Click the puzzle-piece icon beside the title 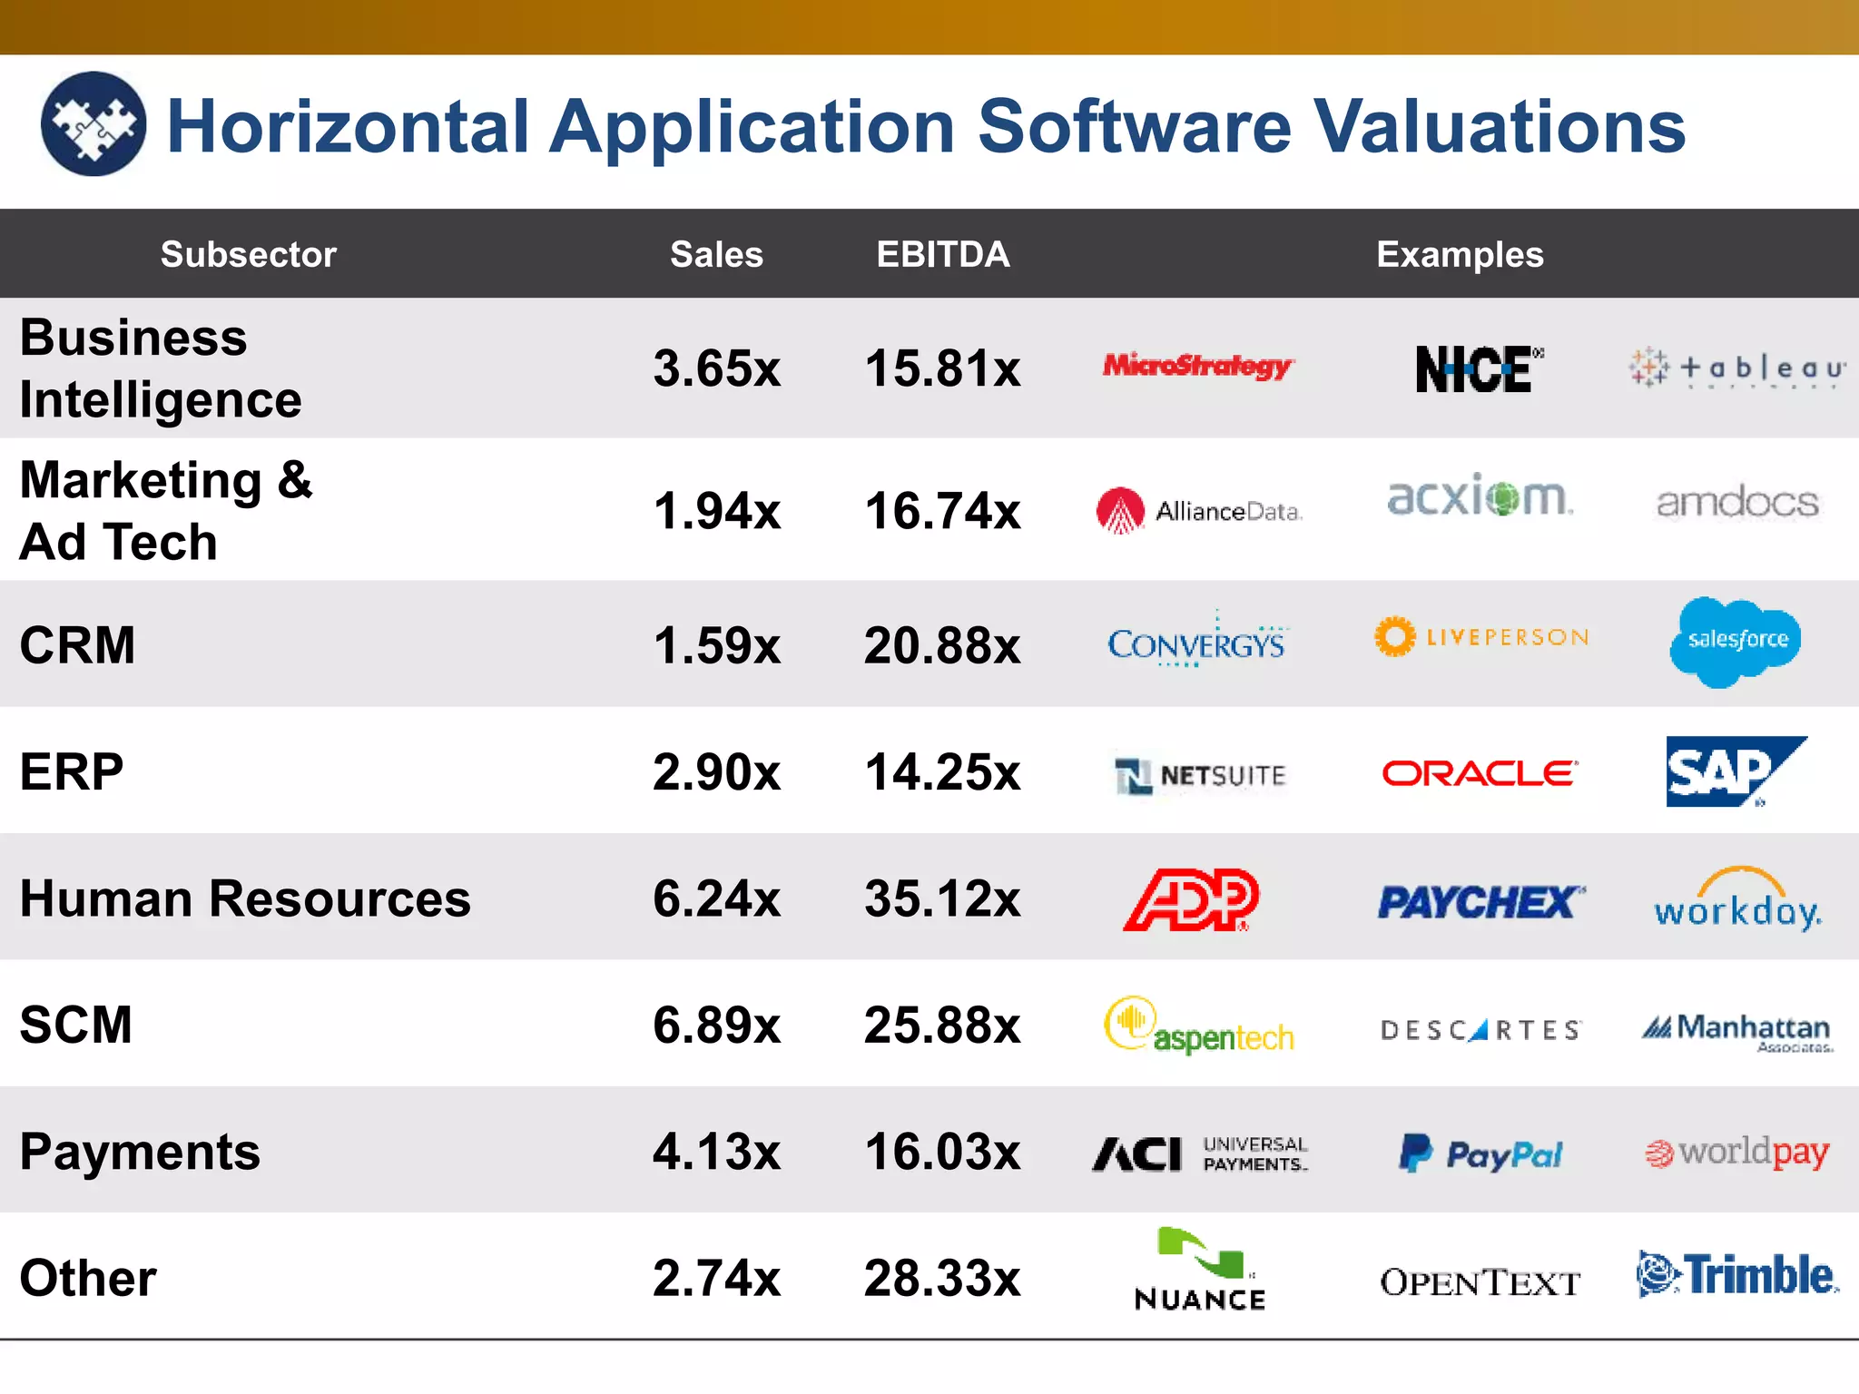coord(93,124)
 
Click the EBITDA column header coord(942,255)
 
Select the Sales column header coord(716,255)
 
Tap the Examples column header coord(1460,255)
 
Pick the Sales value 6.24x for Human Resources coord(716,898)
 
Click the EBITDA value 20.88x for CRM coord(942,646)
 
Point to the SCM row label coord(76,1025)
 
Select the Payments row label coord(140,1152)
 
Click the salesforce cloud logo coord(1736,641)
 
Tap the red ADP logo coord(1192,899)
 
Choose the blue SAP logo coord(1732,771)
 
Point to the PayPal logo coord(1480,1153)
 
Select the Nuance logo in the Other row coord(1200,1270)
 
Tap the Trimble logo coord(1737,1275)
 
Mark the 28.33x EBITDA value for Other coord(942,1278)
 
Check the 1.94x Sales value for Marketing coord(716,511)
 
